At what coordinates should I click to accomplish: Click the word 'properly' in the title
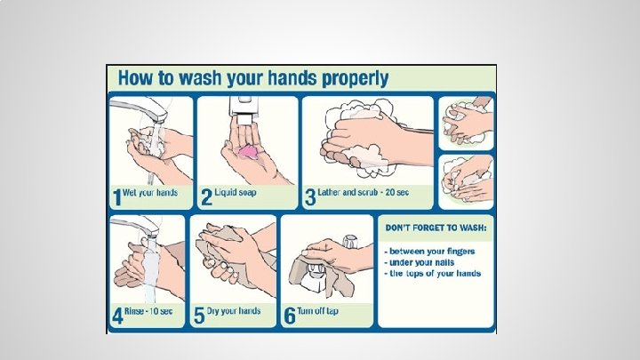[x=355, y=78]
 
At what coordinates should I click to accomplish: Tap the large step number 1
[x=117, y=197]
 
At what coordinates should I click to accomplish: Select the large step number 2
[x=207, y=197]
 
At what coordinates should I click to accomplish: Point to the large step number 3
[x=310, y=197]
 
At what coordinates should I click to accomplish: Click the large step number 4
[x=117, y=316]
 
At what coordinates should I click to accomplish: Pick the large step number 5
[x=199, y=316]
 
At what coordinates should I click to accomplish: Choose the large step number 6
[x=290, y=316]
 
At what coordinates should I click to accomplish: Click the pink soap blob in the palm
[x=248, y=151]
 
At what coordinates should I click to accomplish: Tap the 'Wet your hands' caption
[x=150, y=193]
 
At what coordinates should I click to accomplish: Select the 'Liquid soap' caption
[x=236, y=192]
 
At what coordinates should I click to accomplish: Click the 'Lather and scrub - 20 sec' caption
[x=363, y=192]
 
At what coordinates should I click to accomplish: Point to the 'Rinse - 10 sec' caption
[x=148, y=311]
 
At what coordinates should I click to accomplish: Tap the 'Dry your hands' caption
[x=234, y=311]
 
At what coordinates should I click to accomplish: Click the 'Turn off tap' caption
[x=317, y=311]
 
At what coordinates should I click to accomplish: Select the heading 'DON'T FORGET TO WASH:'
[x=436, y=228]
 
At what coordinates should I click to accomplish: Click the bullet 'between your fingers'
[x=429, y=252]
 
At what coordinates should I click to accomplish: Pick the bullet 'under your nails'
[x=420, y=262]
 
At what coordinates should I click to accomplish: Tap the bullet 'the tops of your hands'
[x=433, y=274]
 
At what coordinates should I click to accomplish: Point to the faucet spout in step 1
[x=139, y=109]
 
